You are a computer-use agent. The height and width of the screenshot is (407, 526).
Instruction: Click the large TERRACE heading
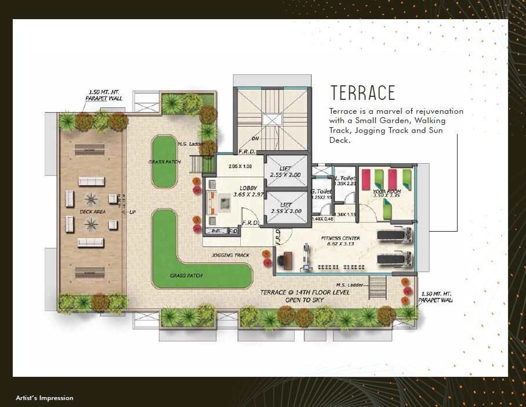362,93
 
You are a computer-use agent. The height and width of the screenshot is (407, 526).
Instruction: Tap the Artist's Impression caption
45,398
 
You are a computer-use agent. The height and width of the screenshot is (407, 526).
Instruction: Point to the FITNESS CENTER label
340,238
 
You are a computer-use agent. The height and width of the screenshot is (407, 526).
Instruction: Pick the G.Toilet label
320,191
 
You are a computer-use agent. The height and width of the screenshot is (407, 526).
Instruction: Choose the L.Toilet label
345,178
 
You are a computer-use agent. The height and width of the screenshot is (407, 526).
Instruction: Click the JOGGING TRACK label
230,255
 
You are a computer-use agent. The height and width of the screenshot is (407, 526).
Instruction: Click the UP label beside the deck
132,212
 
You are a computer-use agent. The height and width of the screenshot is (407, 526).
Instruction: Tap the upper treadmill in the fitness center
395,235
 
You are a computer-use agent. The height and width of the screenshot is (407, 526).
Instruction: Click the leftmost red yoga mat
367,179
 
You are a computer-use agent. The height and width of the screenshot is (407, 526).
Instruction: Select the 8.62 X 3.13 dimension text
340,244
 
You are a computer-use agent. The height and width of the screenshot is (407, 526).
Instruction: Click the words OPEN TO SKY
306,301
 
